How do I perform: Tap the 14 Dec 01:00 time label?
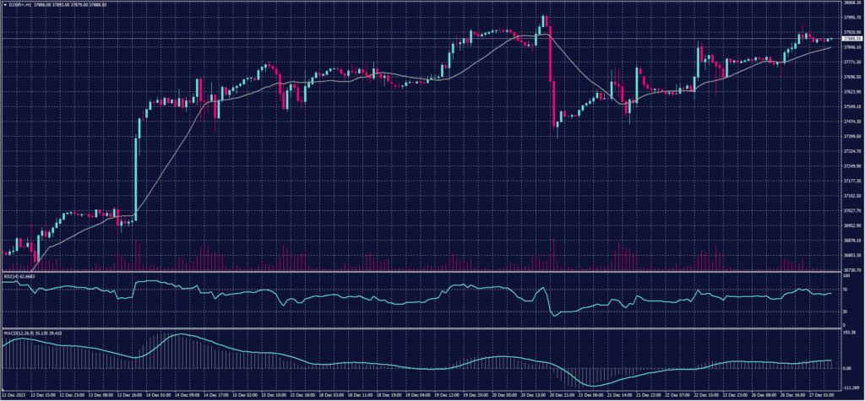pos(159,394)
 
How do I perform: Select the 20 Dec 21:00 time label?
pos(564,394)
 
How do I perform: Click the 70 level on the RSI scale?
pos(846,289)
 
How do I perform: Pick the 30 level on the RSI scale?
pos(846,312)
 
